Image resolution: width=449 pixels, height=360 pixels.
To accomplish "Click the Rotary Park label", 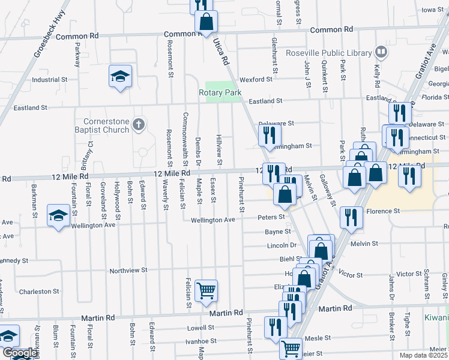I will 220,92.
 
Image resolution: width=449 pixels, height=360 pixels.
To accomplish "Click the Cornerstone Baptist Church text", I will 102,125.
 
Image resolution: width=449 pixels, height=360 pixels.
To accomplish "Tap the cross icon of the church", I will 138,125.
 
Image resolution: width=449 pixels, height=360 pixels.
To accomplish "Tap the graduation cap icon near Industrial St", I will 120,76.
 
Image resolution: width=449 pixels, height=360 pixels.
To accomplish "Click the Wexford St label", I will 256,79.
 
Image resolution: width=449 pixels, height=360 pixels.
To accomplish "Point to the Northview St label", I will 128,271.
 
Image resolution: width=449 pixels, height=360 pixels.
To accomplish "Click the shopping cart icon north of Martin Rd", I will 206,290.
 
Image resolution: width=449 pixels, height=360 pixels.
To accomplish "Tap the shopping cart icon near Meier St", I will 291,347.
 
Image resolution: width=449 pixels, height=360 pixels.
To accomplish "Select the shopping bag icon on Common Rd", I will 206,22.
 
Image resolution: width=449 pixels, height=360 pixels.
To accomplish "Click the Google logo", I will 19,353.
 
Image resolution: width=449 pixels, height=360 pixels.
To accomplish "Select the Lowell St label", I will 200,328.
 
